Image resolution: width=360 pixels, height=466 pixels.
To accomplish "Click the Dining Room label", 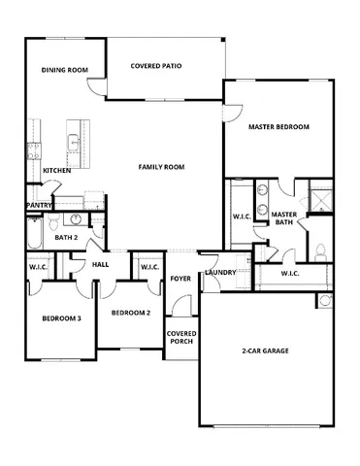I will pyautogui.click(x=65, y=70).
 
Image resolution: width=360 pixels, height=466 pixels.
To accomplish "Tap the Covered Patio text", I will pyautogui.click(x=156, y=66).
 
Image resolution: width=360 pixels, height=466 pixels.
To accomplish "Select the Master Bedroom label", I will pyautogui.click(x=278, y=127).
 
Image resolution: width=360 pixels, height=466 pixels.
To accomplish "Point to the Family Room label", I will pyautogui.click(x=160, y=167).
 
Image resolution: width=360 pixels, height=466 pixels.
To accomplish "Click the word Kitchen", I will pyautogui.click(x=57, y=171).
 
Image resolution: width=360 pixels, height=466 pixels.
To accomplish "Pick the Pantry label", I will pyautogui.click(x=40, y=205).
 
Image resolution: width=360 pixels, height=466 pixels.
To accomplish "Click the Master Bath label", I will pyautogui.click(x=284, y=218).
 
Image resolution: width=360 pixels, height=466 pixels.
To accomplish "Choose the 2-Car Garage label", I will pyautogui.click(x=265, y=350).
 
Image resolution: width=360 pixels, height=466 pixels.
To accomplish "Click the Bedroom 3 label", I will pyautogui.click(x=60, y=318).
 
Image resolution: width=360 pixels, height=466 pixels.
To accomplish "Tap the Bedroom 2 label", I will pyautogui.click(x=131, y=313).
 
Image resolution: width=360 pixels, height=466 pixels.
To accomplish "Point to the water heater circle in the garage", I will pyautogui.click(x=323, y=297).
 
